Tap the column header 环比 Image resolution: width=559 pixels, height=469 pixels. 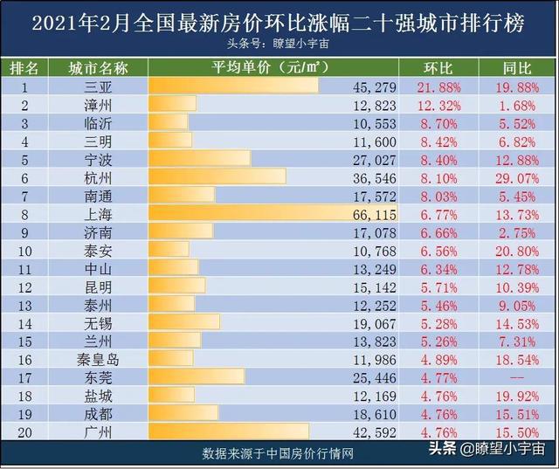click(438, 67)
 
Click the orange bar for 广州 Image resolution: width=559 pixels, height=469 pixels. click(228, 431)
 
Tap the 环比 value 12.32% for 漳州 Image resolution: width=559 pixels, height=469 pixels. click(438, 104)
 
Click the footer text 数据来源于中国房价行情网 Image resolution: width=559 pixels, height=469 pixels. click(279, 453)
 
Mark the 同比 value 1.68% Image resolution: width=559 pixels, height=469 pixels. click(515, 104)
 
